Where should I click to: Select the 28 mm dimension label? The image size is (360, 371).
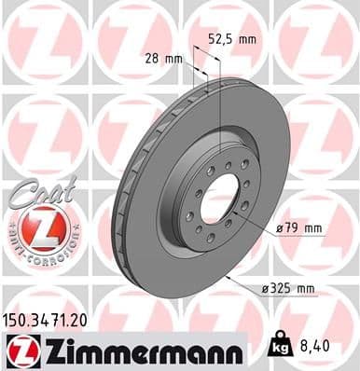[x=164, y=58]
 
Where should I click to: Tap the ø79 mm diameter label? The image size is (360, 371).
[x=298, y=228]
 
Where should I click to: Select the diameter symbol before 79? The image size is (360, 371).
[x=281, y=228]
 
